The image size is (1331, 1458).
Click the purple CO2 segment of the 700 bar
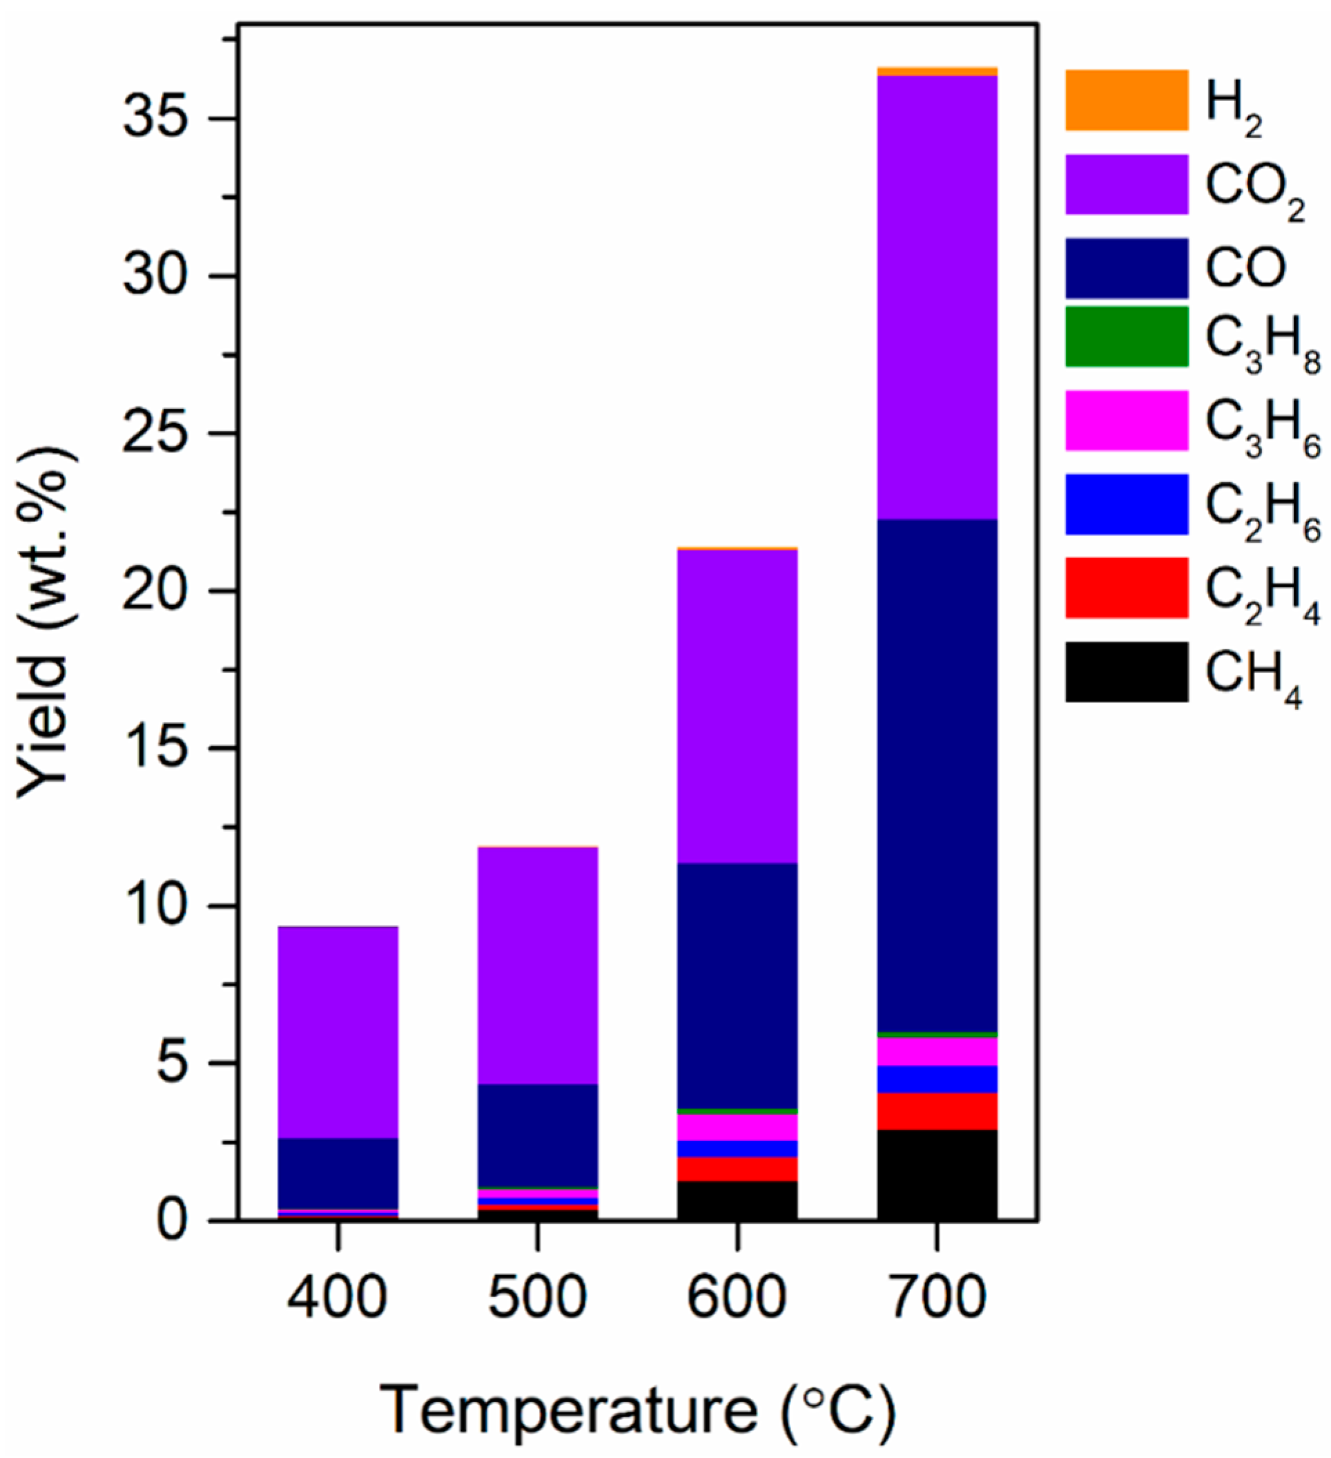pos(937,296)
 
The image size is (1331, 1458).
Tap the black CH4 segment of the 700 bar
pos(937,1175)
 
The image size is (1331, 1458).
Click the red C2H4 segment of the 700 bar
pos(937,1111)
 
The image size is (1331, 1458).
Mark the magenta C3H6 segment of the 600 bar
pos(737,1127)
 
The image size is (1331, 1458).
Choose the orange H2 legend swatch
pos(1126,100)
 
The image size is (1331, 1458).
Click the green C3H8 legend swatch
pos(1126,336)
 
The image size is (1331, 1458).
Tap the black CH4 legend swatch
pos(1126,671)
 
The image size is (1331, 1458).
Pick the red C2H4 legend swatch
pos(1126,587)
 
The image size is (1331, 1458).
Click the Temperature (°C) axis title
pos(638,1410)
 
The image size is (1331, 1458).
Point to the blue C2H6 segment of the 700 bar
pos(937,1079)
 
